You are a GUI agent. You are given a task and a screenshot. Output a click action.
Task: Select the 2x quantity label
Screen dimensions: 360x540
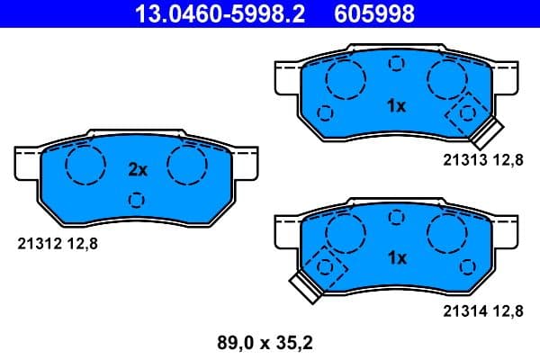click(137, 169)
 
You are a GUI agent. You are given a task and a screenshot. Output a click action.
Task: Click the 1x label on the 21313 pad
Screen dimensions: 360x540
click(396, 106)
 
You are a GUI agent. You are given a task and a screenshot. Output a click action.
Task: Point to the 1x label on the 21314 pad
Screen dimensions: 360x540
click(396, 258)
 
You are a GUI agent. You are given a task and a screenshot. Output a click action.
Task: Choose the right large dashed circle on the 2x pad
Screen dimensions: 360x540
click(186, 165)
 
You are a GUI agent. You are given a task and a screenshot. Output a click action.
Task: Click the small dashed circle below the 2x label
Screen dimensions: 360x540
click(137, 199)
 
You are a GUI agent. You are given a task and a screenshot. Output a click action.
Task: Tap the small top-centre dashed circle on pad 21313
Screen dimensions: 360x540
click(396, 64)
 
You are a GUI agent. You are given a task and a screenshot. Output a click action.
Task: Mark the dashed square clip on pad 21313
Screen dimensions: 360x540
click(467, 112)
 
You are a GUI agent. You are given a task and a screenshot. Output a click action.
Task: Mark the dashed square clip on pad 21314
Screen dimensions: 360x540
click(324, 266)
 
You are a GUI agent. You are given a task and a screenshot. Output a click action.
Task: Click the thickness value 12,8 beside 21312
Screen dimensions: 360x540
click(78, 242)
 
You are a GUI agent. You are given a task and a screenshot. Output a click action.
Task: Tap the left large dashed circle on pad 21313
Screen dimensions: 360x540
click(345, 81)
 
